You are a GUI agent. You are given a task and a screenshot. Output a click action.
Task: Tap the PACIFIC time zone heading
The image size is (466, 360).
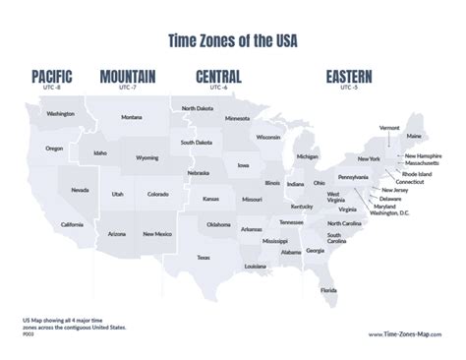[x=56, y=76]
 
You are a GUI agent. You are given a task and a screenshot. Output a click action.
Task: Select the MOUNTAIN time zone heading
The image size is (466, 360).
[x=132, y=76]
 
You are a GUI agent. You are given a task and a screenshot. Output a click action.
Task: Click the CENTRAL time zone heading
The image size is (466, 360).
[x=223, y=76]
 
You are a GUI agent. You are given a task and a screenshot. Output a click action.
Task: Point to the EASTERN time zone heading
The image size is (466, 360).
[x=344, y=76]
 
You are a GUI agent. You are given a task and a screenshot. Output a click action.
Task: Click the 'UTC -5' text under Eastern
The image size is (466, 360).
[x=348, y=88]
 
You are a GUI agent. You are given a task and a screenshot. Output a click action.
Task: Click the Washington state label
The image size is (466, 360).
[x=60, y=114]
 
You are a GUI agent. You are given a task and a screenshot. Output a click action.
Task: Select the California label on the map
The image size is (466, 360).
[x=71, y=224]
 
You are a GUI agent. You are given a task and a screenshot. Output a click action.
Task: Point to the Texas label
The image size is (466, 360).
[x=203, y=258]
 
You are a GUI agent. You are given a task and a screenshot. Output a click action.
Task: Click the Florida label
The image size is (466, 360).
[x=328, y=290]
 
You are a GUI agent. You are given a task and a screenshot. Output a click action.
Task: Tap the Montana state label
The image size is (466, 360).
[x=132, y=118]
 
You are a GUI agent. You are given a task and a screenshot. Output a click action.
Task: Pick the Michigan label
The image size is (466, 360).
[x=308, y=156]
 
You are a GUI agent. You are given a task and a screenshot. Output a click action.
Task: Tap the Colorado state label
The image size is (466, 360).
[x=157, y=194]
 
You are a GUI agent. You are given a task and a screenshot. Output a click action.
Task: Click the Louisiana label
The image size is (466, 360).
[x=256, y=267]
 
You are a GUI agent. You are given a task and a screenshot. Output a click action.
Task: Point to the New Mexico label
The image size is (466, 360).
[x=157, y=234]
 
